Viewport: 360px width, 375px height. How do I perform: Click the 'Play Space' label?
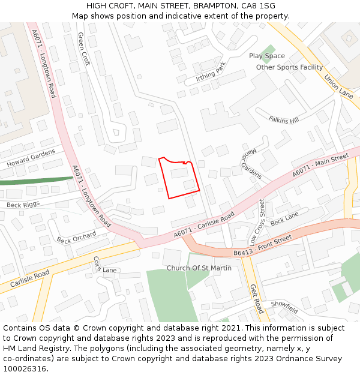[267, 56]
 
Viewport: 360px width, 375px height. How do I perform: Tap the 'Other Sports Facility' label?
[289, 67]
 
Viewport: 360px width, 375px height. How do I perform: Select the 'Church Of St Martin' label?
[199, 268]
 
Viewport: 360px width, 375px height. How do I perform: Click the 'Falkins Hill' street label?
[283, 120]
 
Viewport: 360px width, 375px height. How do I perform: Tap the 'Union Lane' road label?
[338, 86]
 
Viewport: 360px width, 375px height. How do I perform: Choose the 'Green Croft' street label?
[83, 49]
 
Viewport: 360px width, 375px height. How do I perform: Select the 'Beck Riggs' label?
[23, 205]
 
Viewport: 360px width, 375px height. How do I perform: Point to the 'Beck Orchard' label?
[76, 237]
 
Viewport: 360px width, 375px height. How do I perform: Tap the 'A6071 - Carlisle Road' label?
[204, 226]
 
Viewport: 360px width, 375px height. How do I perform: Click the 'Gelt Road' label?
[256, 299]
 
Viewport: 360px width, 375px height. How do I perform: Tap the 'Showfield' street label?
[284, 307]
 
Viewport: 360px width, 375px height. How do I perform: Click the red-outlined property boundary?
[179, 178]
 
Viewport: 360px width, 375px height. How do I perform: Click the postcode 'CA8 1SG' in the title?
[259, 5]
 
